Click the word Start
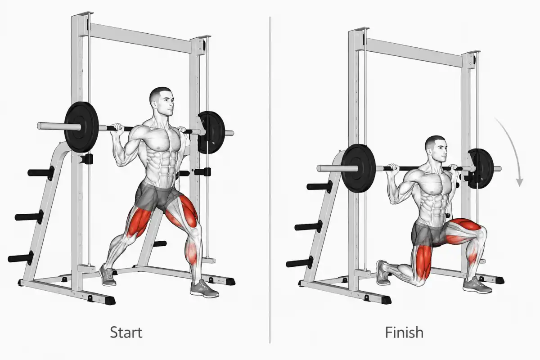coord(126,332)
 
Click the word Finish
coord(404,332)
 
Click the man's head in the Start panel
coord(162,101)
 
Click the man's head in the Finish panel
coord(436,149)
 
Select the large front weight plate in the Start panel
coord(81,127)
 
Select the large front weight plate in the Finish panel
coord(359,168)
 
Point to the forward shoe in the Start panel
coord(204,289)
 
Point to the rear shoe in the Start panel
coord(107,275)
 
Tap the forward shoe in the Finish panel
coord(477,285)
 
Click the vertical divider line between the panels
coord(270,180)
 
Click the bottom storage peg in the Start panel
coord(21,258)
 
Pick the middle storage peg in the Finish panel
coord(308,226)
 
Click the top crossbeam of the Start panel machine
coord(140,38)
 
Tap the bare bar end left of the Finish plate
coord(330,168)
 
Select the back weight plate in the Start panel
coord(211,132)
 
